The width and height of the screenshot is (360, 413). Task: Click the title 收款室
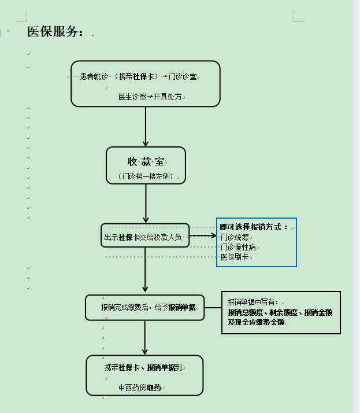146,161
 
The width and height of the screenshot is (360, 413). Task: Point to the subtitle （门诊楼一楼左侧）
146,176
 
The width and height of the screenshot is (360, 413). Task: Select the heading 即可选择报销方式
254,227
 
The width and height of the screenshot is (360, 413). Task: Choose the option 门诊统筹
235,237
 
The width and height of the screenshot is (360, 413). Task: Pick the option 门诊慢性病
238,247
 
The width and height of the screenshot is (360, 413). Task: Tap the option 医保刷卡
235,257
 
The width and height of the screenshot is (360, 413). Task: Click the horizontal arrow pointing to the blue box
202,235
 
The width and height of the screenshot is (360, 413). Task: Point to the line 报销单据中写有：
253,302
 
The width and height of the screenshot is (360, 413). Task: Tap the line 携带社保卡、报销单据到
144,367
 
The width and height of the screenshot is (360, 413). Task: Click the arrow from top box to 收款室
146,127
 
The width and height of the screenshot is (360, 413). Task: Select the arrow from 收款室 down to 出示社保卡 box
146,204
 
